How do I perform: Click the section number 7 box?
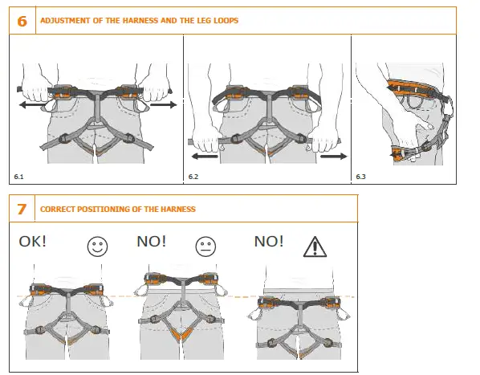(22, 209)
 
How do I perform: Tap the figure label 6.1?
(19, 174)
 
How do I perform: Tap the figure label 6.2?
(193, 174)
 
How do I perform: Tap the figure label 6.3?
(360, 174)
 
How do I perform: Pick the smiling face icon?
(96, 247)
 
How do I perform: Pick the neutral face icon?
(206, 247)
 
